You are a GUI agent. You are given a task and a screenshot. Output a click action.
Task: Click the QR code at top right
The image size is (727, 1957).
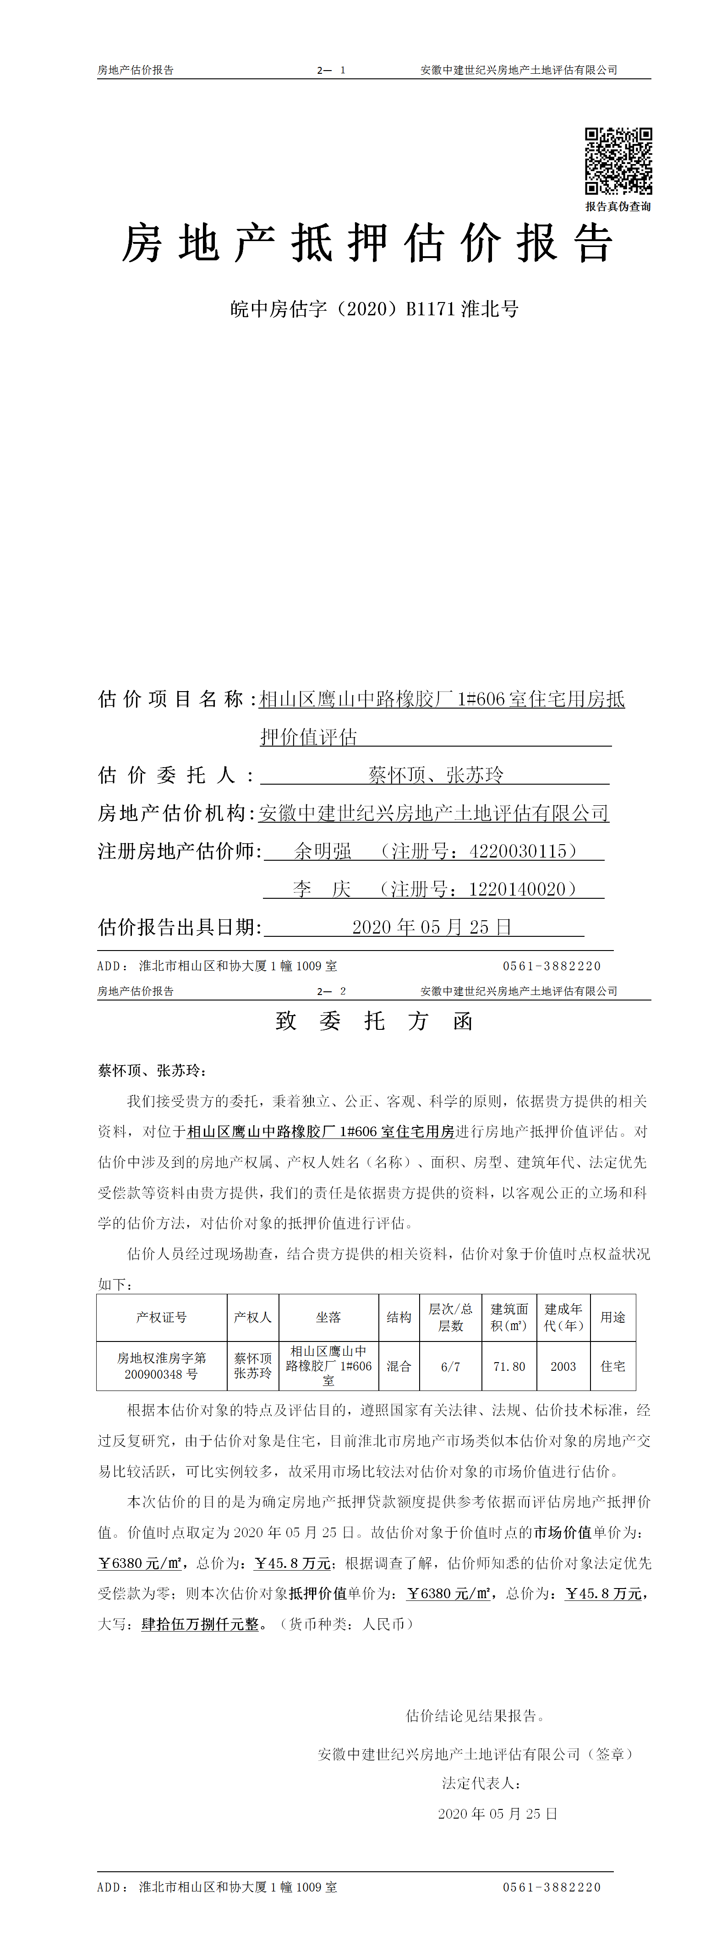pos(618,161)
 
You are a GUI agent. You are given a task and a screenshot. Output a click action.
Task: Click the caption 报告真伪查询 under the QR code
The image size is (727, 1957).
pos(618,207)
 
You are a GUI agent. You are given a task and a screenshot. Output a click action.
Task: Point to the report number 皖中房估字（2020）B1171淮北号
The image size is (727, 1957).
pos(375,309)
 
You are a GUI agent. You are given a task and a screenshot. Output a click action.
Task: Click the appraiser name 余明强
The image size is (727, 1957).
pos(323,851)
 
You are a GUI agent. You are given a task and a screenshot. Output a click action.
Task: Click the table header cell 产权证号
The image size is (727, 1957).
pos(161,1317)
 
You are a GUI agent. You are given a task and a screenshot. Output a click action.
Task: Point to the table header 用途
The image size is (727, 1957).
pos(612,1317)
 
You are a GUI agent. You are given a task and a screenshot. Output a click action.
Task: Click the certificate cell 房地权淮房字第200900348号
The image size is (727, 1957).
pos(161,1366)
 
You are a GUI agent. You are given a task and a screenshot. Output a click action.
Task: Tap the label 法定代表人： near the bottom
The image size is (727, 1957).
pos(481,1783)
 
